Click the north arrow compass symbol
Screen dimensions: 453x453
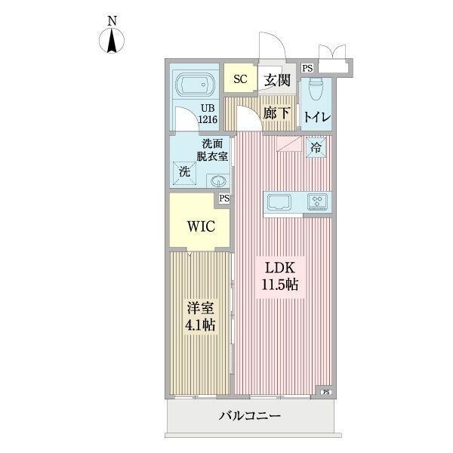coord(112,38)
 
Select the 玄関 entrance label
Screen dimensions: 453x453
coord(276,78)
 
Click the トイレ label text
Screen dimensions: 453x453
coord(316,117)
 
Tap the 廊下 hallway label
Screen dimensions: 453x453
coord(276,114)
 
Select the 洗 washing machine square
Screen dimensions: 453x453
coord(184,172)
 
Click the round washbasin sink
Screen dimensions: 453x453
coord(218,181)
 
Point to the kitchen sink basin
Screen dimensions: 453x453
coord(279,202)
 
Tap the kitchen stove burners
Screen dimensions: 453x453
coord(318,202)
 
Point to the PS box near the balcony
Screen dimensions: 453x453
coord(326,392)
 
